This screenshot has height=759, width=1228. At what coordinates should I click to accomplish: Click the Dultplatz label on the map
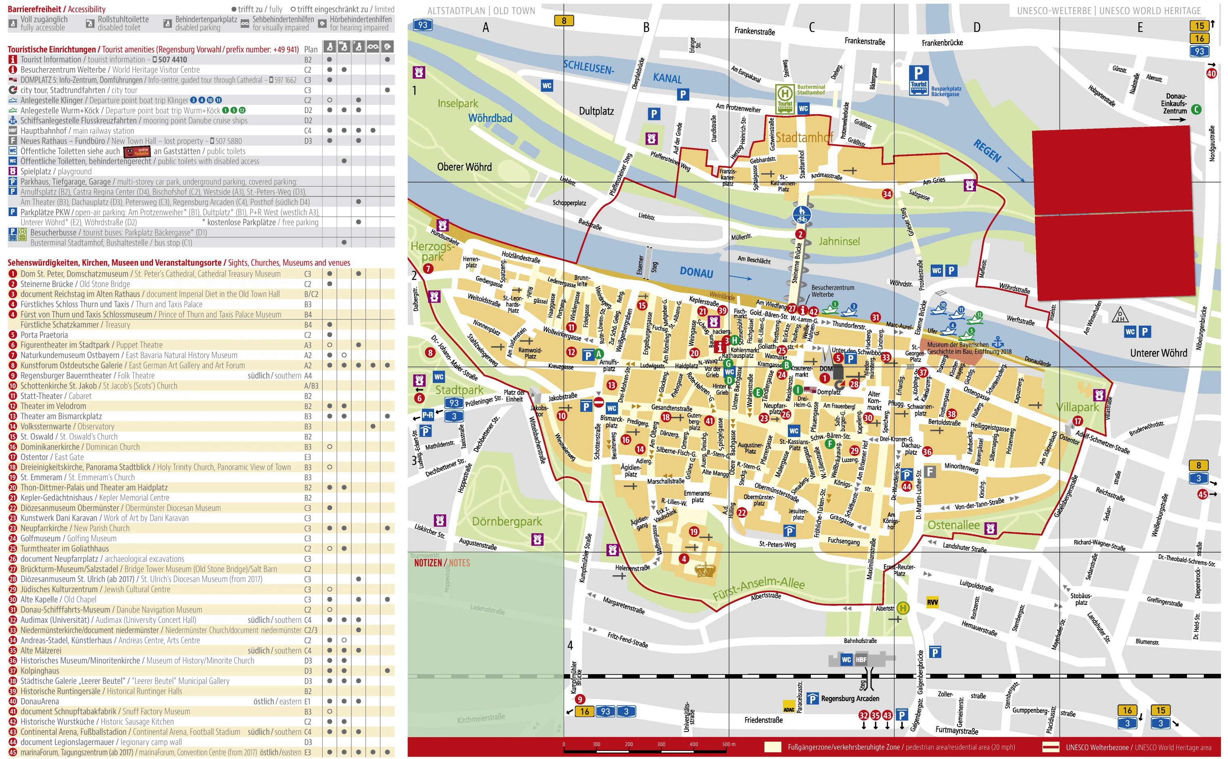pos(596,111)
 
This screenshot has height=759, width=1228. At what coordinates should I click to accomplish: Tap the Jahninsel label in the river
pos(839,242)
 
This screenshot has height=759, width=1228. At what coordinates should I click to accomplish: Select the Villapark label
pos(1077,407)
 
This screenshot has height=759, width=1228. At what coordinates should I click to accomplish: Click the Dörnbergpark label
pos(506,521)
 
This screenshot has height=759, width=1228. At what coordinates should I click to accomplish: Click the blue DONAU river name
pos(696,272)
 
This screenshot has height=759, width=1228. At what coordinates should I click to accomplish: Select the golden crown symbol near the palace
pos(704,569)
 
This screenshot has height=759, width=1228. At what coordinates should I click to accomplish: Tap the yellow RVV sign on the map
pos(932,602)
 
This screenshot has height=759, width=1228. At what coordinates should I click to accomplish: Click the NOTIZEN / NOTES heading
pos(442,563)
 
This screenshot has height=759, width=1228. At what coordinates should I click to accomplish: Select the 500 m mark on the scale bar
pos(728,744)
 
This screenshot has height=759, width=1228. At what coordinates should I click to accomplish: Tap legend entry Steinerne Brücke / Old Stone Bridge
pos(75,284)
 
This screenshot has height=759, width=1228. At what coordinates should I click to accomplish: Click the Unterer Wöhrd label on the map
pos(1158,353)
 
